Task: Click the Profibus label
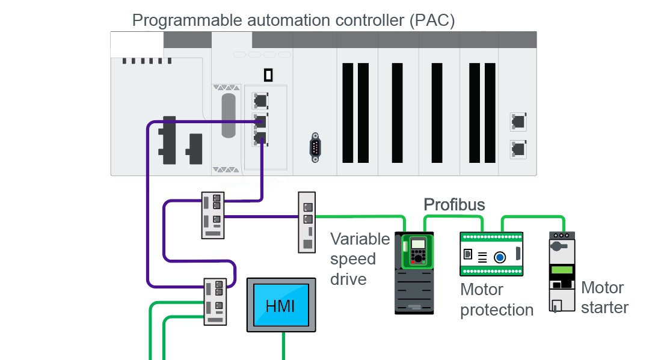[454, 204]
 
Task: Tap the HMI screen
[280, 305]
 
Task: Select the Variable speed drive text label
[360, 259]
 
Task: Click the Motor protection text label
[496, 300]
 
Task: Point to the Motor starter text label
[604, 297]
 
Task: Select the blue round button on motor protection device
[500, 258]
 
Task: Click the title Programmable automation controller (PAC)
[294, 20]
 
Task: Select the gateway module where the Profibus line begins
[307, 222]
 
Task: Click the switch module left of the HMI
[215, 301]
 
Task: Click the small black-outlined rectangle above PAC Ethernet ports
[268, 75]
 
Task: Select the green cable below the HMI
[283, 346]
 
